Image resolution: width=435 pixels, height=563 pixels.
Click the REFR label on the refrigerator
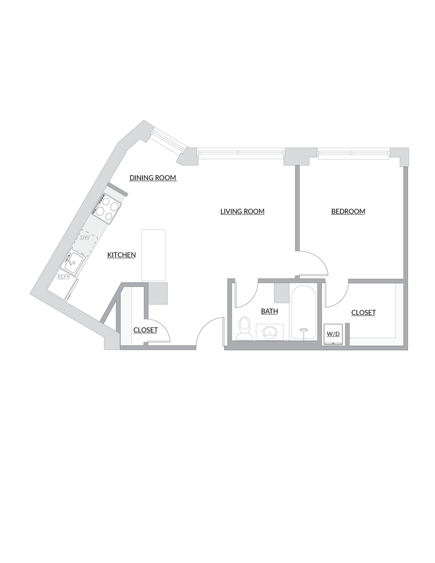[x=64, y=277]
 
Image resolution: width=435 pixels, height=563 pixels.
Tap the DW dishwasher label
[x=85, y=238]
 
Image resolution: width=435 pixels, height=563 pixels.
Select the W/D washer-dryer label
[x=333, y=333]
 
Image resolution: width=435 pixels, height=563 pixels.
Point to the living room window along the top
[x=240, y=152]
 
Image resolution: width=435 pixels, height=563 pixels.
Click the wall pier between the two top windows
[x=299, y=156]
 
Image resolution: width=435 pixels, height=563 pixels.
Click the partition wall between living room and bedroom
[x=296, y=209]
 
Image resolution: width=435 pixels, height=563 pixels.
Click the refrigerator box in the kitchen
[x=62, y=283]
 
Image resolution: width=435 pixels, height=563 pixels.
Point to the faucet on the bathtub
[x=302, y=331]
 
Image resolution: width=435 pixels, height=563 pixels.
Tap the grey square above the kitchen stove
[x=119, y=191]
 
